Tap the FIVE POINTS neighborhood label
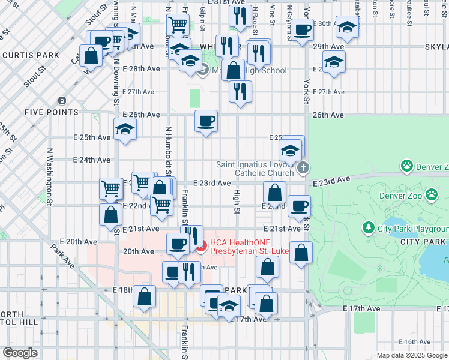(51, 112)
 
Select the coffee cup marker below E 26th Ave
(206, 122)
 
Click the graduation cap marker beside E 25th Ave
(125, 129)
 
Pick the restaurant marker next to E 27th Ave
(240, 92)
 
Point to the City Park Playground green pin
(367, 229)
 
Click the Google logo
(20, 353)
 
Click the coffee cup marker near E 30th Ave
(302, 31)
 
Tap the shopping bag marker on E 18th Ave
(145, 296)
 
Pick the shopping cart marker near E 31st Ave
(178, 25)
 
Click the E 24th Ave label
(92, 160)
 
